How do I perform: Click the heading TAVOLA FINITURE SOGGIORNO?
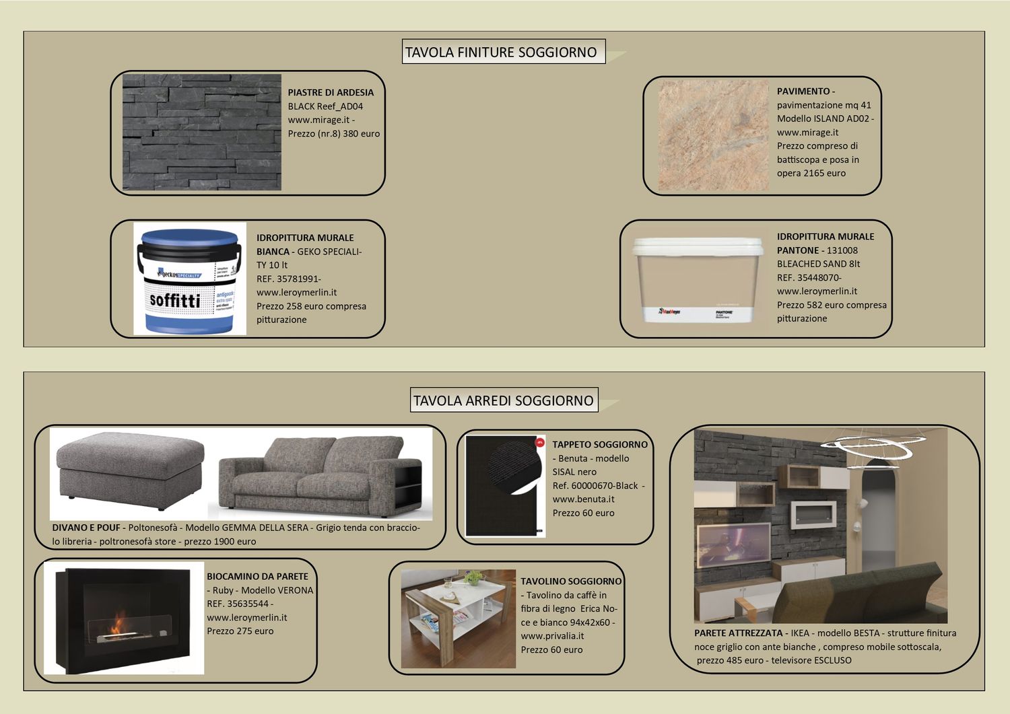501,52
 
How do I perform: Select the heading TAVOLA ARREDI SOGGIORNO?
503,401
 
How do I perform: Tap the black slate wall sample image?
201,133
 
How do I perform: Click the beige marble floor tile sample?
712,136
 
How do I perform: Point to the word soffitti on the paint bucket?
174,300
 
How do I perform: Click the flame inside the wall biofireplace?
119,620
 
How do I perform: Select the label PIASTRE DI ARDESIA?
331,93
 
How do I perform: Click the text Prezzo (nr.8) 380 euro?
333,134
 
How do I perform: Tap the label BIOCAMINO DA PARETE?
257,577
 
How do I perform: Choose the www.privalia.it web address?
552,636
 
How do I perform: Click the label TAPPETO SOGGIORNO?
600,445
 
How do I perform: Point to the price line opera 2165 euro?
811,173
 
